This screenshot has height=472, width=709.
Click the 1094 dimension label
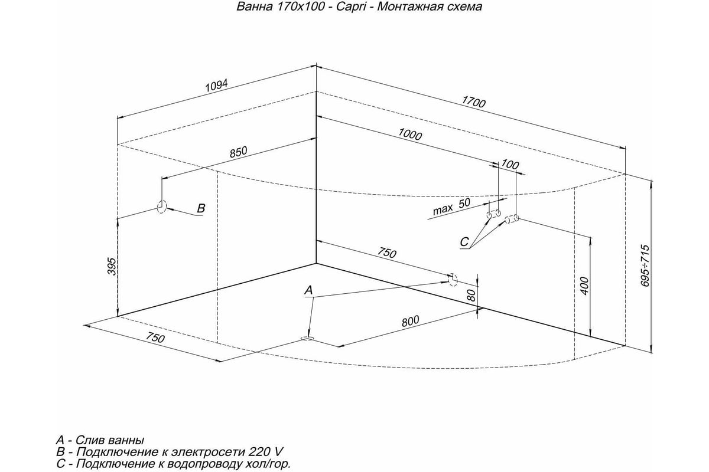tap(217, 86)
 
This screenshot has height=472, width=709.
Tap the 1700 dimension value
tap(473, 102)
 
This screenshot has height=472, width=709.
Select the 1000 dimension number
tap(410, 134)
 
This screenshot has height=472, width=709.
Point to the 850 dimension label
tap(238, 152)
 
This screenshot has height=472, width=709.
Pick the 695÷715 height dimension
tap(645, 266)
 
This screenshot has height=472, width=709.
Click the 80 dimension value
tap(471, 295)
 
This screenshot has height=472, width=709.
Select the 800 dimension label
tap(410, 321)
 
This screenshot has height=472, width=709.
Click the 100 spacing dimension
tap(510, 165)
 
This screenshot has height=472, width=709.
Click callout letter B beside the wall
tap(201, 208)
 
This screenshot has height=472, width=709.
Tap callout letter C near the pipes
tap(464, 242)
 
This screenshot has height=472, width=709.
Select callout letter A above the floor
tap(308, 290)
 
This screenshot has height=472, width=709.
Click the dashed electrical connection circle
tap(162, 206)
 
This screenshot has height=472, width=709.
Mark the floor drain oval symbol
tap(307, 339)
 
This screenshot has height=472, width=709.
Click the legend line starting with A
tap(100, 440)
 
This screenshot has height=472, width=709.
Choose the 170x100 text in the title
tap(301, 6)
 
